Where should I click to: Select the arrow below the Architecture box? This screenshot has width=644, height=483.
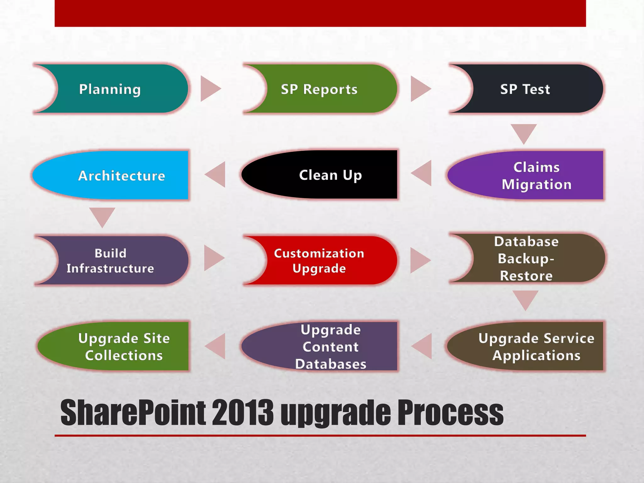click(x=102, y=216)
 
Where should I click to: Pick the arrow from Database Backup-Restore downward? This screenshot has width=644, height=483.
click(x=525, y=299)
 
